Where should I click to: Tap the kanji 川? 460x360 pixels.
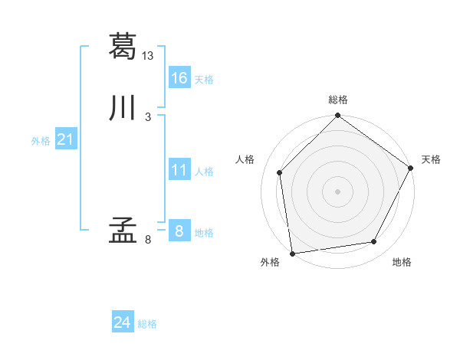tap(123, 109)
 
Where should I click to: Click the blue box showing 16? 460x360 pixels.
tap(179, 78)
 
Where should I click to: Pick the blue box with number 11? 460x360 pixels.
tap(179, 170)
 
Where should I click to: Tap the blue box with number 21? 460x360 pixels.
tap(65, 139)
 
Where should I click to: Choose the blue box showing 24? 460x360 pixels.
tap(123, 323)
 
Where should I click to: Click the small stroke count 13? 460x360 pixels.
tap(148, 55)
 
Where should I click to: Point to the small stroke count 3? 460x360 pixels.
tap(147, 117)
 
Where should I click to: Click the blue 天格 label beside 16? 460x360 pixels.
tap(204, 80)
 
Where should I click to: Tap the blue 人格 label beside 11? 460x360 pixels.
tap(204, 172)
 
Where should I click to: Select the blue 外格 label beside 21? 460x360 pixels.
tap(41, 141)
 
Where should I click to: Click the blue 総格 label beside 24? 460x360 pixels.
tap(147, 325)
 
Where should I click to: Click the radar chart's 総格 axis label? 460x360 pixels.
tap(338, 100)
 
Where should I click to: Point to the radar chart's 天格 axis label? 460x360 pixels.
tap(431, 159)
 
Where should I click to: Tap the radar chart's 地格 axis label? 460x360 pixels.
tap(402, 263)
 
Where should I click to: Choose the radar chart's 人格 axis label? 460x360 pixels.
tap(245, 159)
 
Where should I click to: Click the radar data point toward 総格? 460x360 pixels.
tap(338, 116)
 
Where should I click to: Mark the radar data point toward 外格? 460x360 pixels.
tap(292, 253)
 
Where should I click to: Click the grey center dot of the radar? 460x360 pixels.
tap(338, 191)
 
